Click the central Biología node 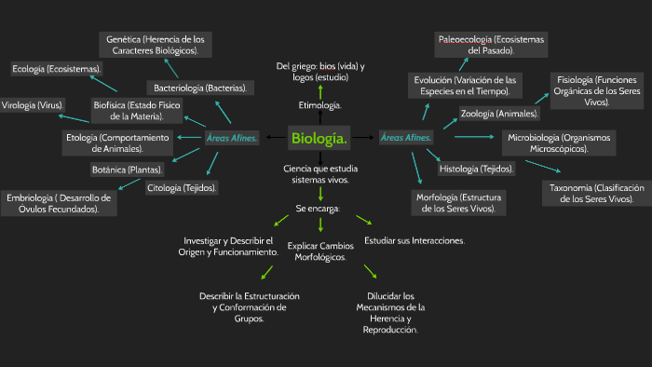[x=320, y=140]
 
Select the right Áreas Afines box [x=407, y=139]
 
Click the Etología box [x=117, y=143]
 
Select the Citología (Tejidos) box [x=183, y=188]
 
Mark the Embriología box [x=59, y=203]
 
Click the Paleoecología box [x=491, y=44]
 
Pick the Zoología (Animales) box [x=499, y=114]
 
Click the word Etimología [x=319, y=105]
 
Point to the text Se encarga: [x=318, y=208]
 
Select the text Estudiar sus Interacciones [x=414, y=240]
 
